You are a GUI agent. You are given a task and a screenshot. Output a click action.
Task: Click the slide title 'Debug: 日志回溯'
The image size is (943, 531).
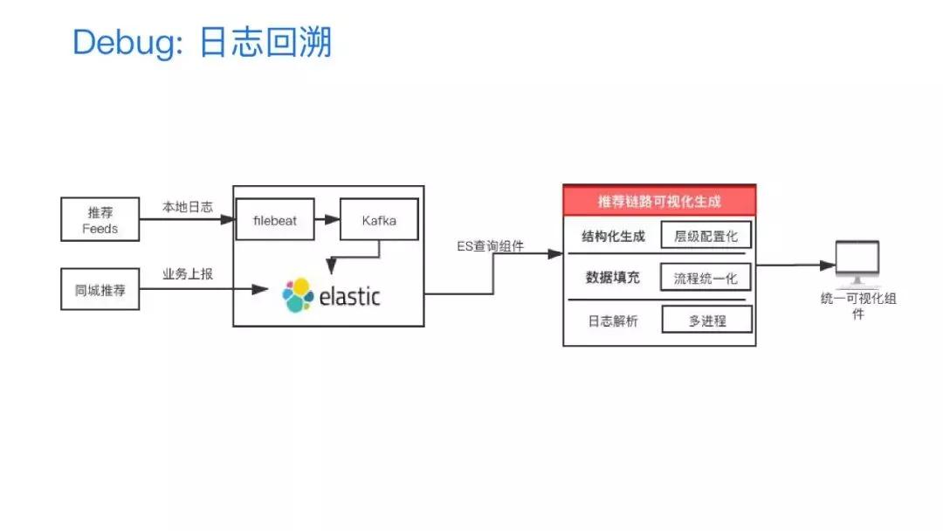[202, 41]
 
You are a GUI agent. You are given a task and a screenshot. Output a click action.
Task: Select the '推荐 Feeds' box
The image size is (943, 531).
[100, 220]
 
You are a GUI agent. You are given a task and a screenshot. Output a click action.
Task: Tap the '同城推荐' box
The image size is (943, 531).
[100, 290]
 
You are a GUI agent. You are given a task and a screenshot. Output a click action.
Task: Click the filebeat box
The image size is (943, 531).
[275, 220]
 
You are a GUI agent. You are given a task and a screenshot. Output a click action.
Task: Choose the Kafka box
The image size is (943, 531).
[379, 220]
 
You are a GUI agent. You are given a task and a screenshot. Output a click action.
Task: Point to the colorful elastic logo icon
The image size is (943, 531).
[298, 295]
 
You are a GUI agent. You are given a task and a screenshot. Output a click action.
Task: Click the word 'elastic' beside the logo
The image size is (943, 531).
[349, 297]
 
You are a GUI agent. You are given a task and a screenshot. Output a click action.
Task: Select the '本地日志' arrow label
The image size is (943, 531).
[187, 207]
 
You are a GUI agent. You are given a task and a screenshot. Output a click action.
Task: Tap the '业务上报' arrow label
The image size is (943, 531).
[187, 274]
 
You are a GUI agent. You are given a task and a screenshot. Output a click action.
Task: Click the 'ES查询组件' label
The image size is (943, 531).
[491, 246]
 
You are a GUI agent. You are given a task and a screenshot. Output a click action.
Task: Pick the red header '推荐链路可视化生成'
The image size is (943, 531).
[659, 201]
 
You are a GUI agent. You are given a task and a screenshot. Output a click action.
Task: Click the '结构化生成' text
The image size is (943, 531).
[613, 236]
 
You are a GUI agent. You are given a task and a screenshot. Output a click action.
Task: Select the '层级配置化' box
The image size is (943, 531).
[706, 236]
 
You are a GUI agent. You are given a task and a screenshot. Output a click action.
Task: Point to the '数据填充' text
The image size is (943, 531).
[613, 278]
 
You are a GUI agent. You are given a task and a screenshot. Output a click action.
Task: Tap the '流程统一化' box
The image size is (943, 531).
[706, 278]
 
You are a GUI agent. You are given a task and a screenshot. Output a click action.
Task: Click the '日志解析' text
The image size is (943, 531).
[613, 321]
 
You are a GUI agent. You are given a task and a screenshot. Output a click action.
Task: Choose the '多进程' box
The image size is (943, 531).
[706, 321]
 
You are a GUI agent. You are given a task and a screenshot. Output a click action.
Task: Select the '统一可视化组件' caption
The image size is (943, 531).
[857, 306]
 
